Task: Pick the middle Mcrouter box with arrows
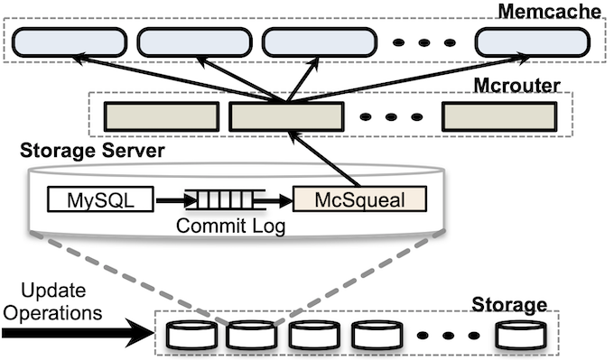point(286,115)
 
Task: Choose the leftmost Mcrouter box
point(162,115)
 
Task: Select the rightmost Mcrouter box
point(498,115)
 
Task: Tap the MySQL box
point(99,199)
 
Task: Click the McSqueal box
point(360,199)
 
